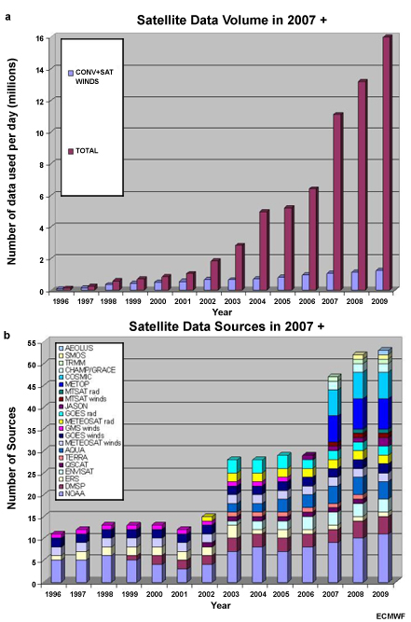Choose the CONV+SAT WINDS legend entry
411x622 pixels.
pyautogui.click(x=96, y=75)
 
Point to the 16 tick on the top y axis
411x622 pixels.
pyautogui.click(x=40, y=38)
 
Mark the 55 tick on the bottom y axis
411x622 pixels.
pyautogui.click(x=40, y=342)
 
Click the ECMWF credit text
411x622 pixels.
pyautogui.click(x=391, y=615)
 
